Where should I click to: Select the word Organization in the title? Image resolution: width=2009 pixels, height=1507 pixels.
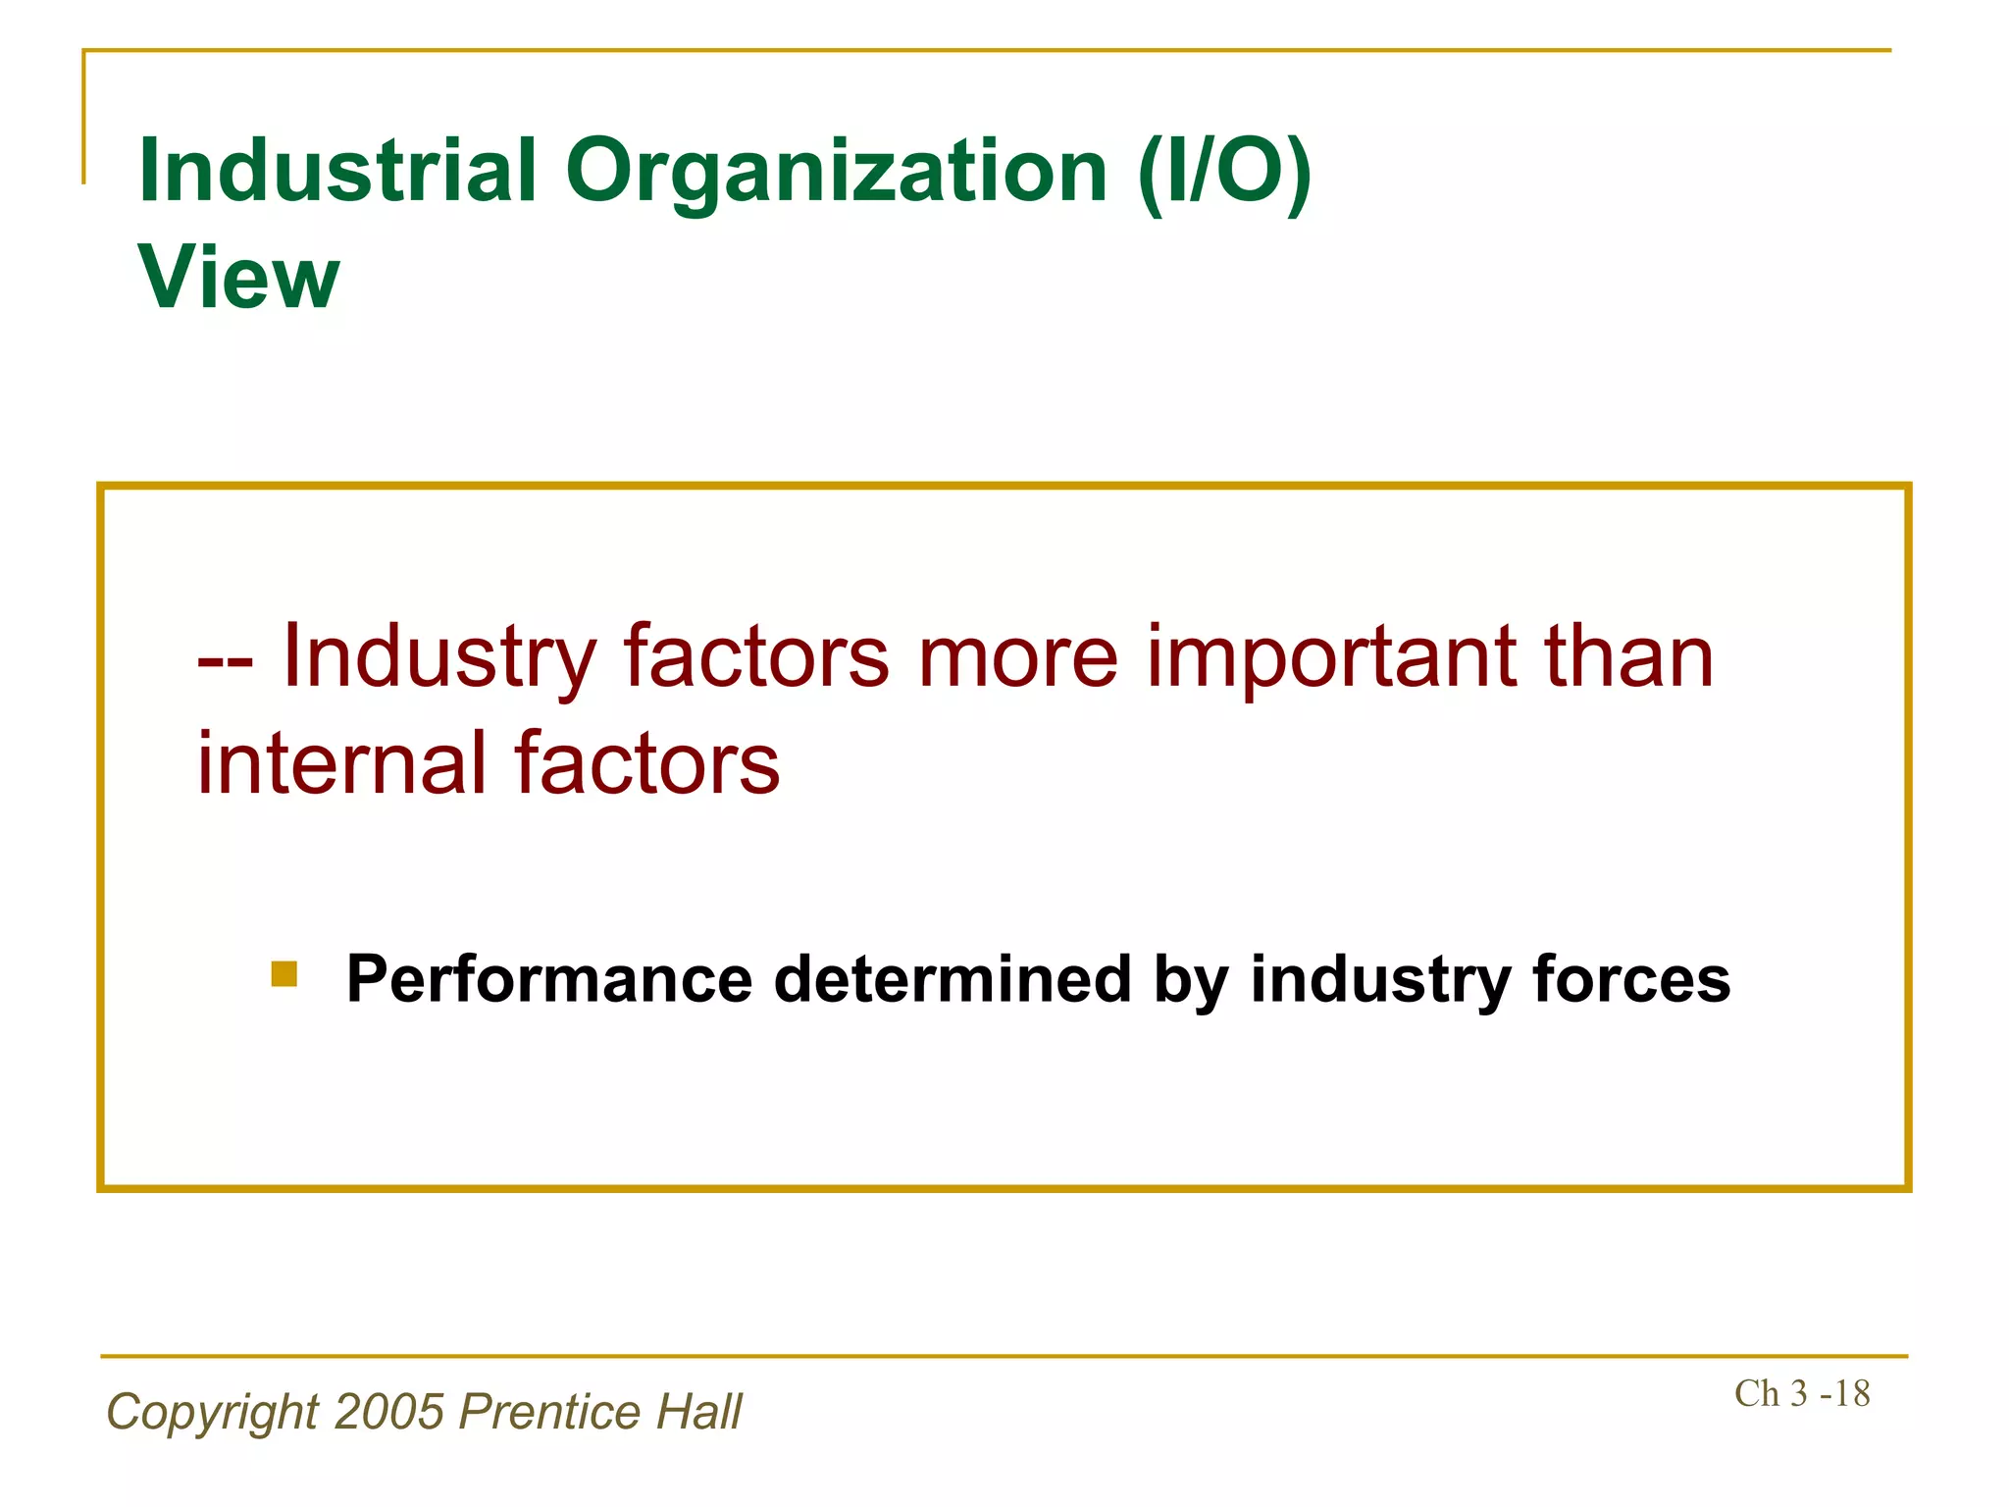point(836,172)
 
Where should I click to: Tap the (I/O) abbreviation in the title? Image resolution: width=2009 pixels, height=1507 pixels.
point(1224,172)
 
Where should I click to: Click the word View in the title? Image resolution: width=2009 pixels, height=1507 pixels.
point(238,278)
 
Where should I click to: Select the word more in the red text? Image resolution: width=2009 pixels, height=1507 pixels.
point(1017,657)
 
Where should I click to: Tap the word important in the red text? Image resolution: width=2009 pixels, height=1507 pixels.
point(1331,657)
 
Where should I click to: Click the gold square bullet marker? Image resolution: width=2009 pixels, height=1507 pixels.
point(284,974)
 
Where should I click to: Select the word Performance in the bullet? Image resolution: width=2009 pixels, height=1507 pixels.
point(549,979)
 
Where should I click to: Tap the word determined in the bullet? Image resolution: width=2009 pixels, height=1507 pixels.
point(953,979)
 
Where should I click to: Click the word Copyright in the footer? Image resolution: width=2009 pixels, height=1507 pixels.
point(213,1413)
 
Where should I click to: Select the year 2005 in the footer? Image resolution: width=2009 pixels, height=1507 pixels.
point(389,1413)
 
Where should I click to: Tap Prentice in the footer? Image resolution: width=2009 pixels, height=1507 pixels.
point(550,1413)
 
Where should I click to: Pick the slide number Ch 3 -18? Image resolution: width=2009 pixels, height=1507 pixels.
point(1802,1393)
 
